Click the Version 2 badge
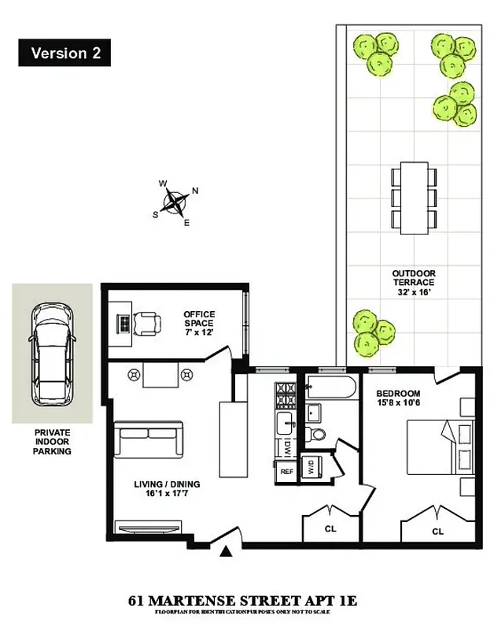64,54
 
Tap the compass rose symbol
176,202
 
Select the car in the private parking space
51,351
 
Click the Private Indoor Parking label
52,442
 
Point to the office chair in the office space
148,323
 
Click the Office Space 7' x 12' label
199,323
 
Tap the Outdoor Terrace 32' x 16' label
414,283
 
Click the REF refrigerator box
287,471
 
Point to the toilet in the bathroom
319,434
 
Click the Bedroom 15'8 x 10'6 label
398,398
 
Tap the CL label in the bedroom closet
437,532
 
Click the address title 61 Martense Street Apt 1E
242,601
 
